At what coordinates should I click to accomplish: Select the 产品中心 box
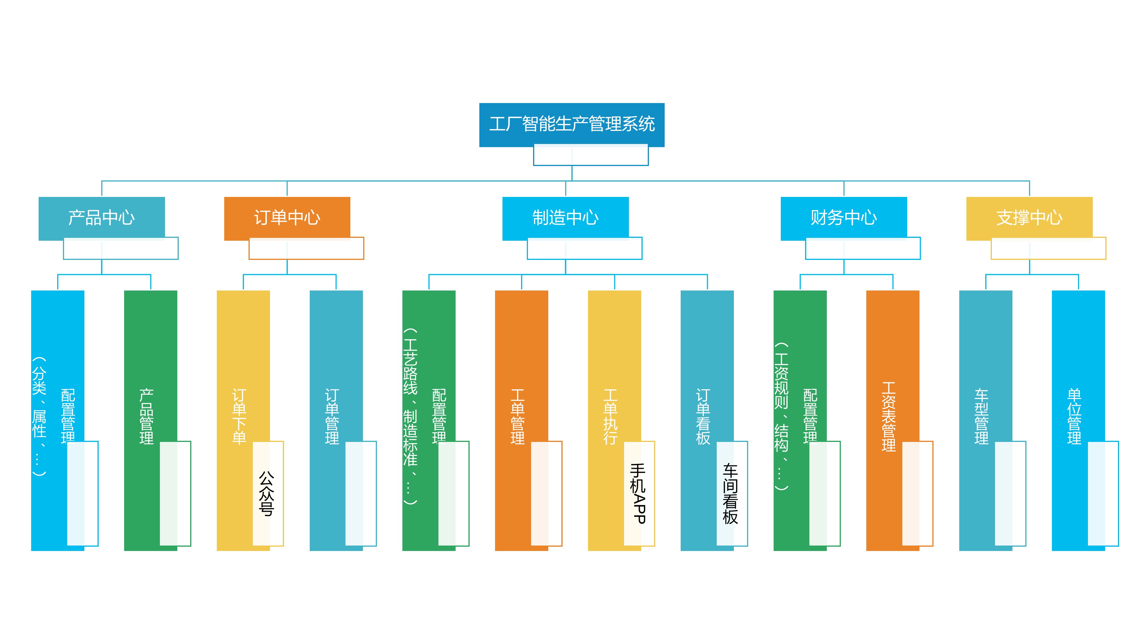tap(102, 218)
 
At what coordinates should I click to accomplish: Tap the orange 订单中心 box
tap(287, 218)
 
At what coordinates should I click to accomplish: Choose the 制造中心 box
tap(565, 218)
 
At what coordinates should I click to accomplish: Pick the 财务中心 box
tap(843, 218)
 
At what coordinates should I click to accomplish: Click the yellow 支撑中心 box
tap(1029, 218)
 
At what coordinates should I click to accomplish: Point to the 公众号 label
tap(267, 493)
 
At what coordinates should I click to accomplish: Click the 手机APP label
tap(638, 493)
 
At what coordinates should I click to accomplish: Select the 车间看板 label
tap(730, 493)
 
